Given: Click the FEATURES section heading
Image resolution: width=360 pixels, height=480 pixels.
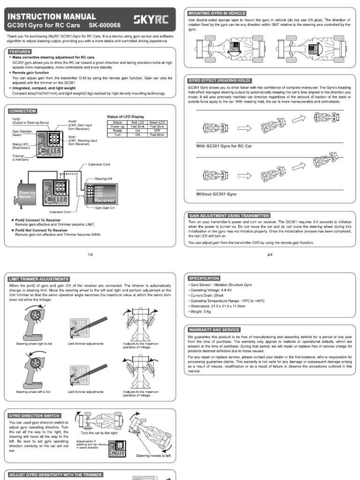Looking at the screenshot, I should pos(20,52).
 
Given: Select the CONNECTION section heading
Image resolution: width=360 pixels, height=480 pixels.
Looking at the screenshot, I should pos(22,111).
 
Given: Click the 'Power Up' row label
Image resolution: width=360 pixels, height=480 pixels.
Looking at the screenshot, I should pos(117,126).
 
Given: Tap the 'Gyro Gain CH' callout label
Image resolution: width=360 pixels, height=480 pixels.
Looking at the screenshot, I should pos(105,207).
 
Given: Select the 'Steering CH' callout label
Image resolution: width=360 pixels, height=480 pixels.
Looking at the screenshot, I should pos(104,179).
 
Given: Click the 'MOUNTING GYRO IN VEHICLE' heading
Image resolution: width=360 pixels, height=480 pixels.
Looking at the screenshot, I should pos(216,13).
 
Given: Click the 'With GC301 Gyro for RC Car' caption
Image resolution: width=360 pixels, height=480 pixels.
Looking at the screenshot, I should pos(224,146).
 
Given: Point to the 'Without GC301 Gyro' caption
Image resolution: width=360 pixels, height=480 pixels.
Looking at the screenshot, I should pos(216,194).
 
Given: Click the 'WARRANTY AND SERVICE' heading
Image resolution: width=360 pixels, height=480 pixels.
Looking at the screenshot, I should pos(214,330).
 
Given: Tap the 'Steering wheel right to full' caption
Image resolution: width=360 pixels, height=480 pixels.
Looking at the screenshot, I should pos(34,344).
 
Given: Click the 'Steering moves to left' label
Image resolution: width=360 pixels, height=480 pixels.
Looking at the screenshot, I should pos(153,455).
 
